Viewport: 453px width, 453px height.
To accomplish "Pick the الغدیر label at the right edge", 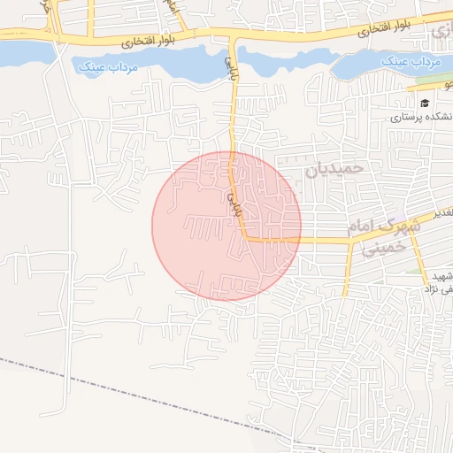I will [443, 213].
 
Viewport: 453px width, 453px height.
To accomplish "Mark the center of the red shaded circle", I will [226, 226].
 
